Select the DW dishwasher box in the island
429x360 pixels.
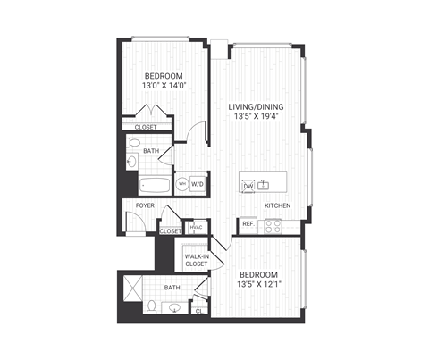point(248,186)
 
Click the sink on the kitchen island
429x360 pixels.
point(264,185)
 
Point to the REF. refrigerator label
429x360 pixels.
point(248,223)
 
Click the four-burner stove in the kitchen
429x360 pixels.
point(273,225)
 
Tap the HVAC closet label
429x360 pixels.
point(195,227)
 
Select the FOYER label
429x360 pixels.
point(145,205)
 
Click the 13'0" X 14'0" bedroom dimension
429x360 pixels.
point(164,87)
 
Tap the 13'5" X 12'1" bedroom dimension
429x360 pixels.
point(265,285)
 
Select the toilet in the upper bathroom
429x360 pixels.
point(134,162)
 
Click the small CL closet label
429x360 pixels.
point(198,309)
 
